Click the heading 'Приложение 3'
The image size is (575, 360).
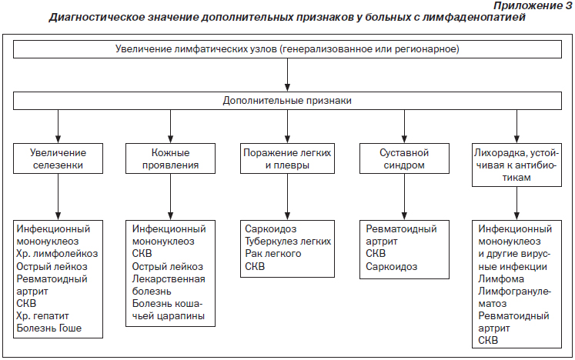tap(533, 6)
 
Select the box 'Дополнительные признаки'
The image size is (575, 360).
tap(287, 101)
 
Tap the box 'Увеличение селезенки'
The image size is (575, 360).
tap(58, 158)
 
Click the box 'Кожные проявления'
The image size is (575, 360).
tap(171, 158)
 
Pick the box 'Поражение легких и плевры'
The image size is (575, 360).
tap(287, 158)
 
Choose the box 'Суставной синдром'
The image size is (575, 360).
tap(404, 158)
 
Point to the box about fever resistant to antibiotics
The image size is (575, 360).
tap(516, 165)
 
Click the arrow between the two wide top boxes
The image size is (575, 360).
tap(287, 75)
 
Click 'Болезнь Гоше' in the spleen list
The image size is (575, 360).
tap(49, 328)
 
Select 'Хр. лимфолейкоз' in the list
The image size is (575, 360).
tap(57, 254)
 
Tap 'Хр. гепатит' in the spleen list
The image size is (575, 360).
tap(42, 315)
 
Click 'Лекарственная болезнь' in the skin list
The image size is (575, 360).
tap(169, 285)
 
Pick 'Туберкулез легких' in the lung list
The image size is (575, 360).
tap(288, 242)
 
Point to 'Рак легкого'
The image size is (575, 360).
tap(273, 254)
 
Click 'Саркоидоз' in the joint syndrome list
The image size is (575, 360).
tap(391, 266)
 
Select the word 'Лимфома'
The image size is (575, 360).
tap(501, 279)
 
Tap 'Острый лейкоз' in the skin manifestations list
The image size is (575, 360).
tap(168, 266)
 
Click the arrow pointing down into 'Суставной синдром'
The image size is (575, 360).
tap(404, 126)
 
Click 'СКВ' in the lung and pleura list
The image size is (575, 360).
tap(255, 266)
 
